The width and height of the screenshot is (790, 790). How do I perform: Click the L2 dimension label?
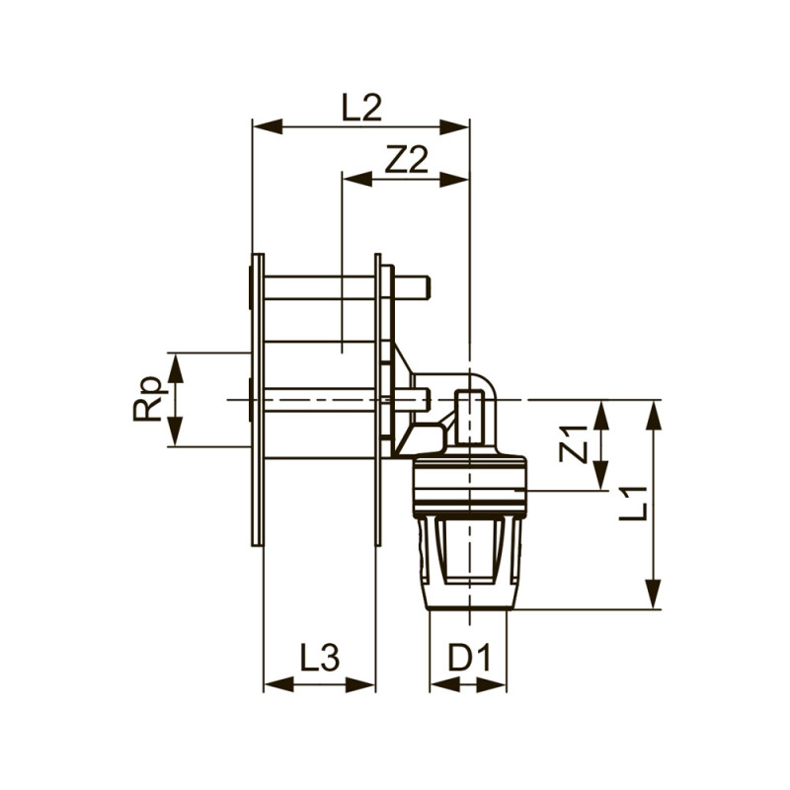(361, 107)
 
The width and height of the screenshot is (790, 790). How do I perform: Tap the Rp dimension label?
(147, 399)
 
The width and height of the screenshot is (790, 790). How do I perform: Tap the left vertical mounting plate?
(258, 399)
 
